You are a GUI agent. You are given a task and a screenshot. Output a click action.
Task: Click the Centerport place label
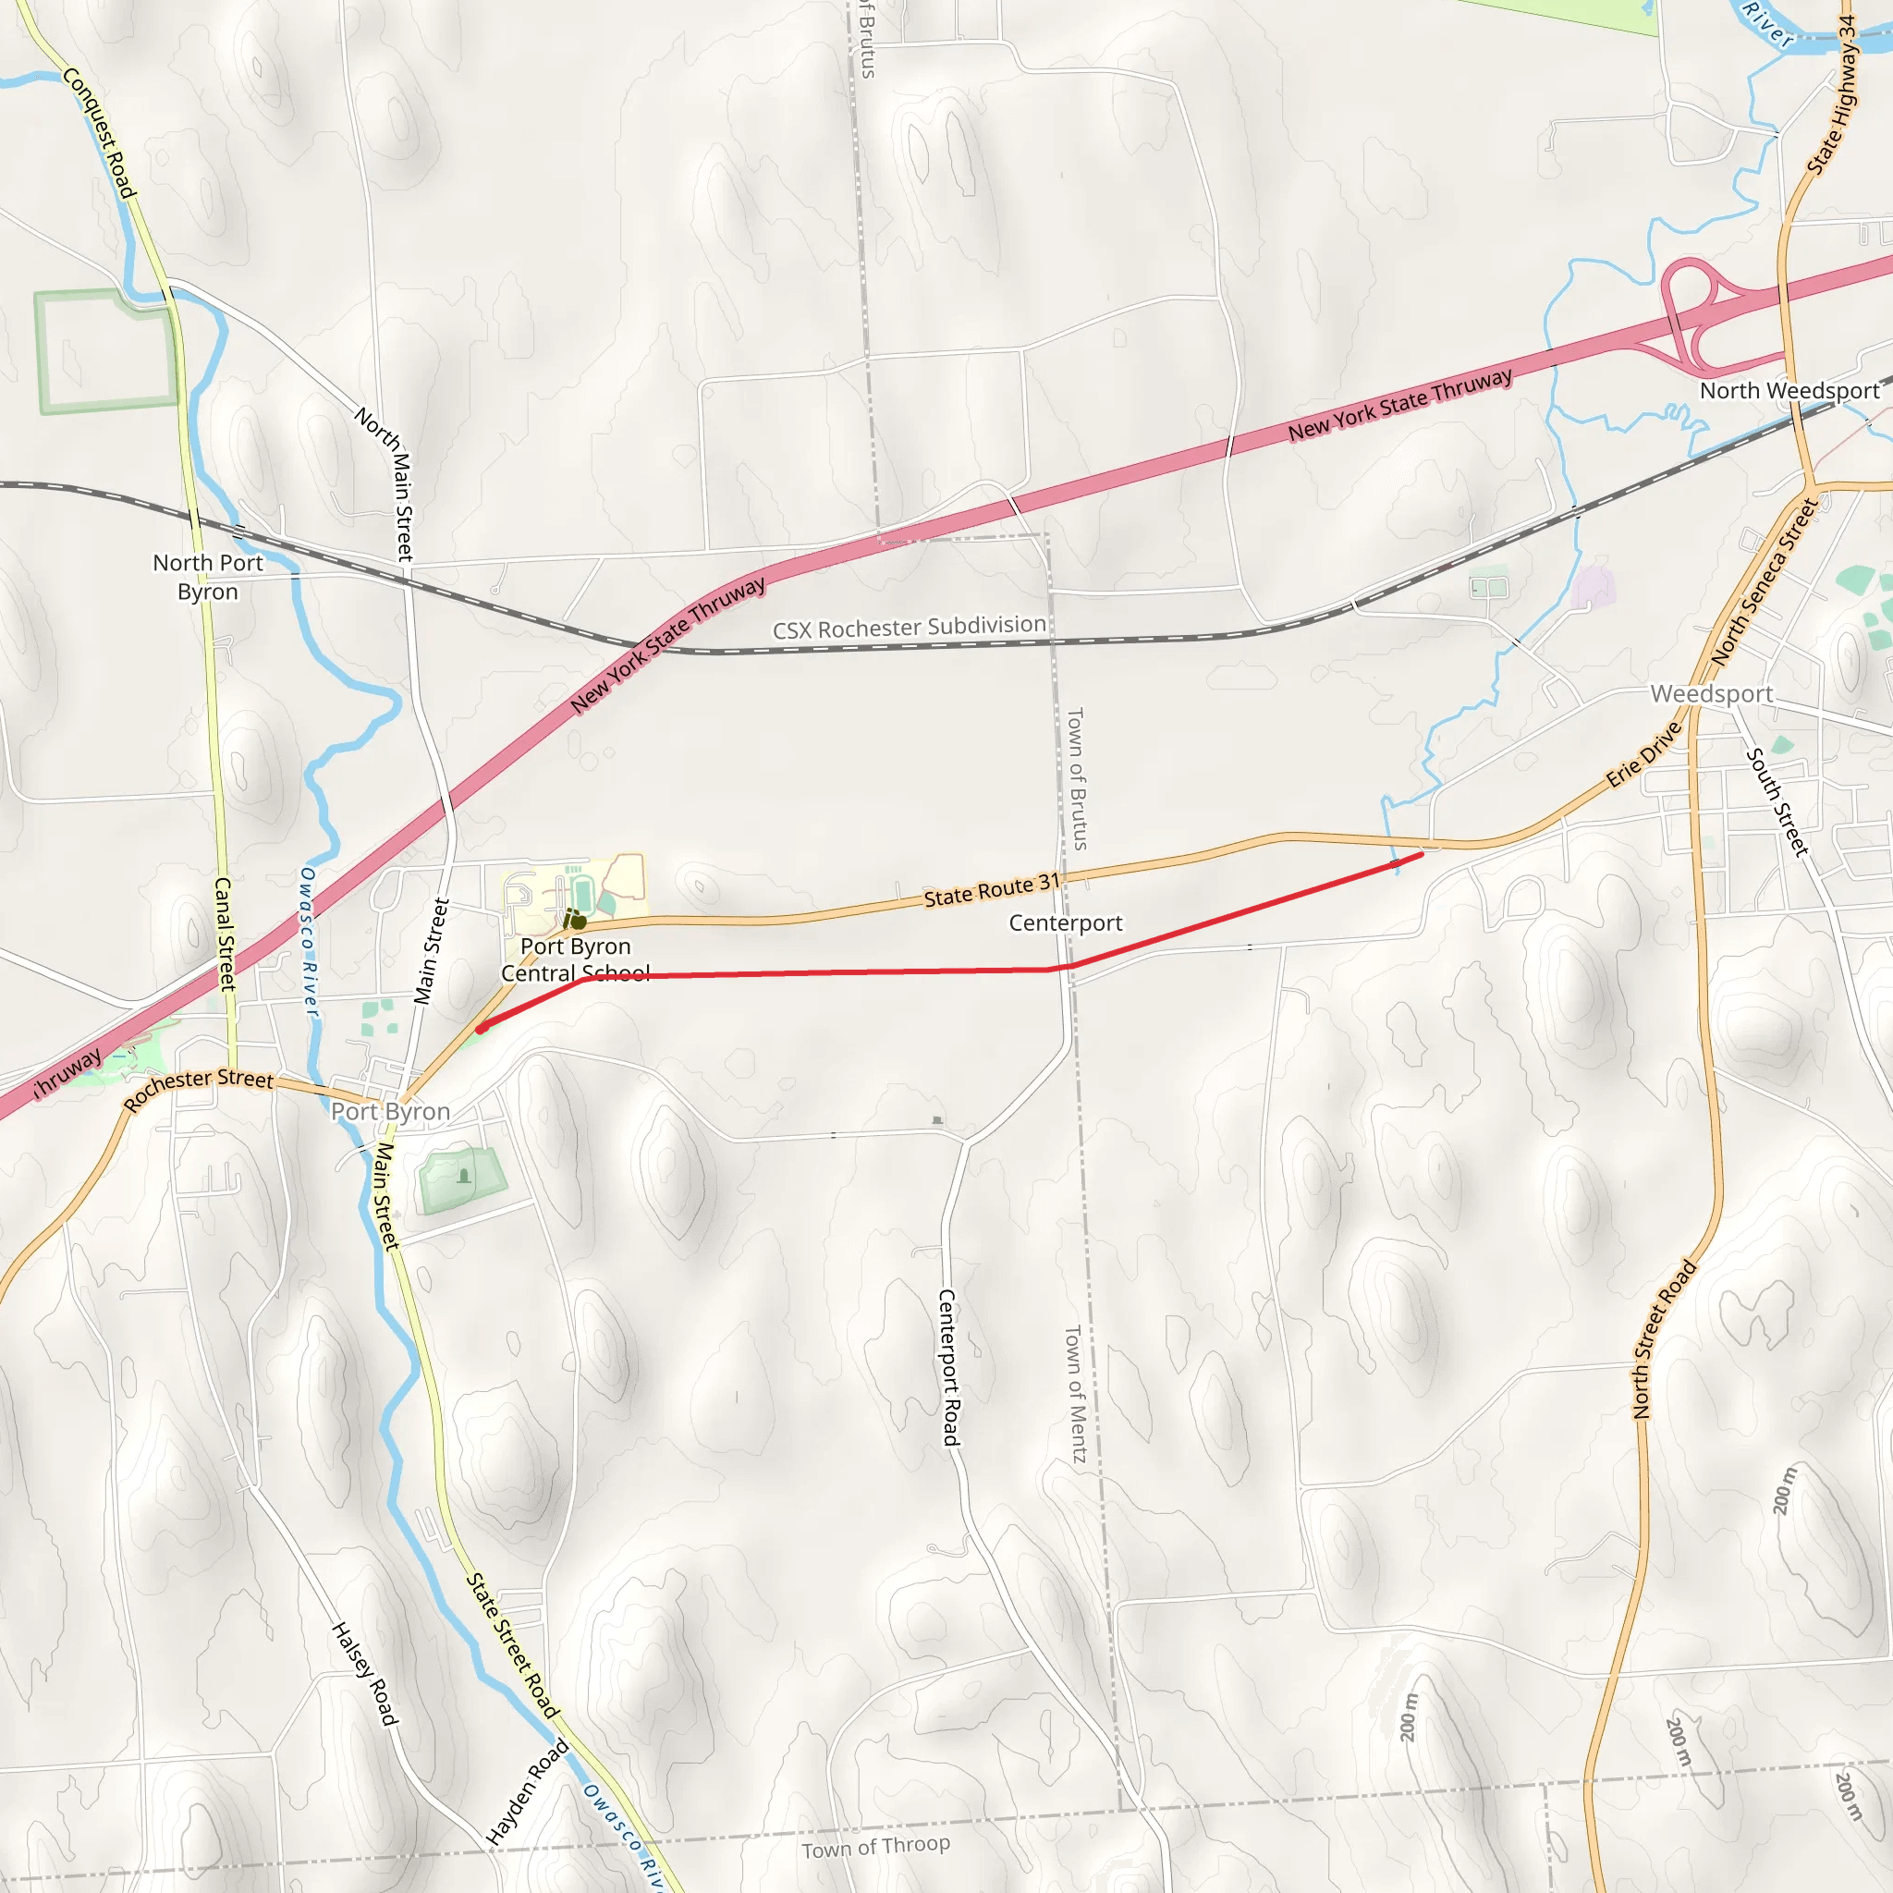pos(1065,923)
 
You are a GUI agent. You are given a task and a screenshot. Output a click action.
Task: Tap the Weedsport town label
pos(1711,694)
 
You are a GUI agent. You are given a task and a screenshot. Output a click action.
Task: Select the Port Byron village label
pos(390,1111)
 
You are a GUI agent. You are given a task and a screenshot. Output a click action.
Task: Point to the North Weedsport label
pos(1789,391)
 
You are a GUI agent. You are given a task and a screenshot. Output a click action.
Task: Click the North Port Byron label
pos(208,577)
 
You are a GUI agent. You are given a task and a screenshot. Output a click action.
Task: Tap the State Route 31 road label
pos(992,891)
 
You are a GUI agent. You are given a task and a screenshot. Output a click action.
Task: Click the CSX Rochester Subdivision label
pos(910,627)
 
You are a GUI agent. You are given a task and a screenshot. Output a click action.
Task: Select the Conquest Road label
pos(99,133)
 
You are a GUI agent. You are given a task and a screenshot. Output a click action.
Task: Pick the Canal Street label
pos(225,934)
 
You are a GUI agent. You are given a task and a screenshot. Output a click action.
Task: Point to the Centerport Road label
pos(947,1367)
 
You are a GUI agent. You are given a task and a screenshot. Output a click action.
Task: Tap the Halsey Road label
pos(364,1674)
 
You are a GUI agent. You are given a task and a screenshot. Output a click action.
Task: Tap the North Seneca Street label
pos(1764,582)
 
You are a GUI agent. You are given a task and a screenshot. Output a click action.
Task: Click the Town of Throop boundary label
pos(875,1846)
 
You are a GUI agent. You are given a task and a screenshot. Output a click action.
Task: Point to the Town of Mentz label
pos(1075,1394)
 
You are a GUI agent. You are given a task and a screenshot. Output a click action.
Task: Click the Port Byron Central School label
pos(575,959)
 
